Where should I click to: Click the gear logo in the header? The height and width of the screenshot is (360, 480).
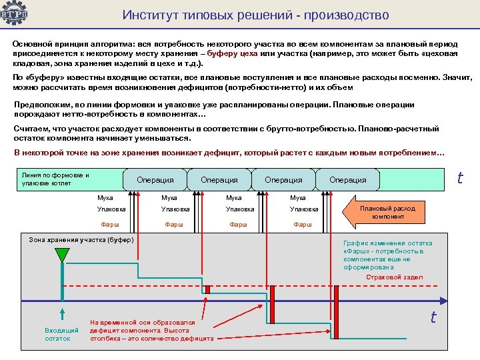click(x=14, y=14)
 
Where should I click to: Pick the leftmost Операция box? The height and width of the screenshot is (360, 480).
click(x=155, y=179)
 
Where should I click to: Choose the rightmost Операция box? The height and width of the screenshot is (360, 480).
click(x=347, y=179)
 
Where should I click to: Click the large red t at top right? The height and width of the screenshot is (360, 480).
click(x=459, y=178)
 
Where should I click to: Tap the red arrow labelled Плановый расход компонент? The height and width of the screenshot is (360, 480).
click(x=387, y=212)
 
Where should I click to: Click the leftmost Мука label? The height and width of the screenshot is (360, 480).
click(x=105, y=197)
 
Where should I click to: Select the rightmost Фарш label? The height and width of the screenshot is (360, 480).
click(x=303, y=225)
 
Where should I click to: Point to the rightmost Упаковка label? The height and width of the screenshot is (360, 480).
click(x=303, y=209)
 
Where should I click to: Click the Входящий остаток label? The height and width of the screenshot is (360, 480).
click(x=61, y=334)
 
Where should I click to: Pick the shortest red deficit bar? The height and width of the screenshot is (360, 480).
click(x=207, y=289)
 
